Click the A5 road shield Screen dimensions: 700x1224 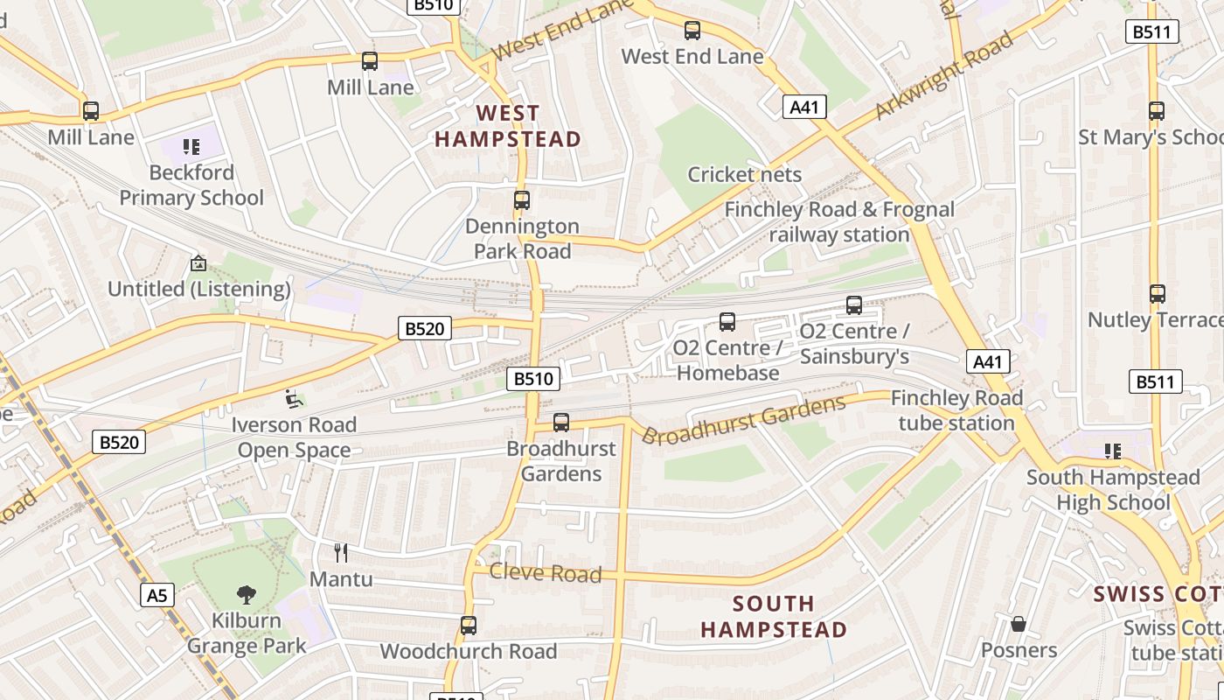(x=156, y=596)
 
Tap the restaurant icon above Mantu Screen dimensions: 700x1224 (x=341, y=552)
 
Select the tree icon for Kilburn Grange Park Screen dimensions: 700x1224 (x=247, y=595)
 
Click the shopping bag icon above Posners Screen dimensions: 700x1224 (x=1018, y=624)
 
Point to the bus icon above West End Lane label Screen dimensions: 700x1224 (x=692, y=31)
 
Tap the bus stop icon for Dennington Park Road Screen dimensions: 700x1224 (x=522, y=200)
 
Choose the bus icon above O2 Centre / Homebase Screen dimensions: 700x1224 (x=727, y=322)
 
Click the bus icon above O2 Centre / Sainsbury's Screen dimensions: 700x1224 (x=854, y=305)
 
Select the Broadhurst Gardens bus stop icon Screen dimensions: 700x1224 (x=561, y=423)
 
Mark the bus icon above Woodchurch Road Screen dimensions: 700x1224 (x=469, y=626)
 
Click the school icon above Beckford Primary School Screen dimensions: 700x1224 (x=191, y=147)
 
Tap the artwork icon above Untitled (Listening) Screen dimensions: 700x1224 (x=198, y=262)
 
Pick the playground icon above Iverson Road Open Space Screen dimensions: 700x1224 (x=295, y=399)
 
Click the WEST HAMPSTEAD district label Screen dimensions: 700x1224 (x=508, y=126)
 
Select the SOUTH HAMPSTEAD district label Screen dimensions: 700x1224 (x=774, y=617)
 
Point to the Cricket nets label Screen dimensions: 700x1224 (x=744, y=174)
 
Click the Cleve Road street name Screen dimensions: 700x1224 (x=546, y=573)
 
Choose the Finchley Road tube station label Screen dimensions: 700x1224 (x=956, y=410)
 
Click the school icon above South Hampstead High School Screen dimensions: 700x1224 (x=1113, y=451)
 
